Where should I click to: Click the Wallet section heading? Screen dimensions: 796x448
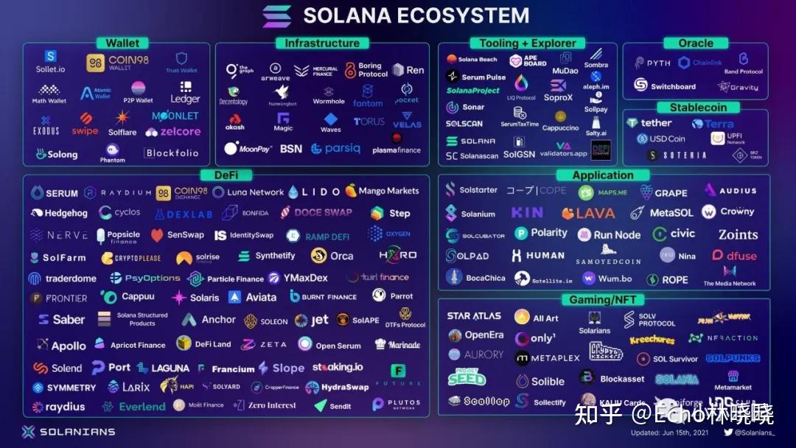click(x=122, y=43)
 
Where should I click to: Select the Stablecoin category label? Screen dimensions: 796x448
click(x=697, y=108)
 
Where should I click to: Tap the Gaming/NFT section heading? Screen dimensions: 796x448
click(x=601, y=299)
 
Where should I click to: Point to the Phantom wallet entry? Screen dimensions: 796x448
click(x=113, y=153)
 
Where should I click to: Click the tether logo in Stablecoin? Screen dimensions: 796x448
click(x=649, y=123)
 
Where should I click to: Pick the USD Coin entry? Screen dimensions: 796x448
click(x=661, y=139)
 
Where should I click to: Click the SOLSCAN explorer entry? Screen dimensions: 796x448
click(x=464, y=123)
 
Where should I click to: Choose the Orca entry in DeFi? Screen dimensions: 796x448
click(x=332, y=256)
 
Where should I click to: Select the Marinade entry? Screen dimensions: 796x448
click(x=398, y=345)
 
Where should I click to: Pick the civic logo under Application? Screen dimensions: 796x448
click(x=674, y=234)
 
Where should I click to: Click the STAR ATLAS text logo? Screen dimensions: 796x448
click(x=474, y=316)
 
